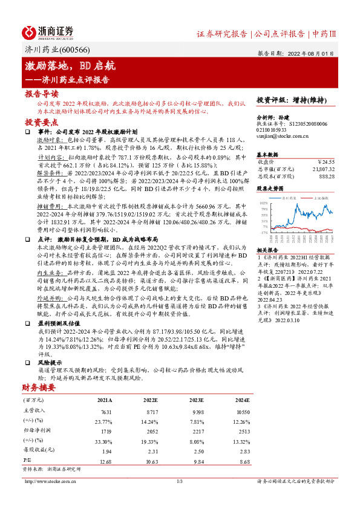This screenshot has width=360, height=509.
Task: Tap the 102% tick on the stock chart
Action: coord(264,203)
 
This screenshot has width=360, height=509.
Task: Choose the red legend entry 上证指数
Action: coord(319,198)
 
